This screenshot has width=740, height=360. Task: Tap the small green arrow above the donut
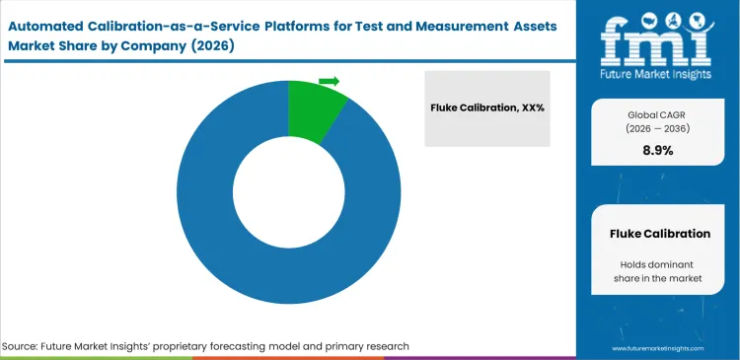pyautogui.click(x=330, y=81)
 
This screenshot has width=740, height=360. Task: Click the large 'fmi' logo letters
pyautogui.click(x=654, y=38)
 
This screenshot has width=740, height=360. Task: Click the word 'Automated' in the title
pyautogui.click(x=52, y=21)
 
